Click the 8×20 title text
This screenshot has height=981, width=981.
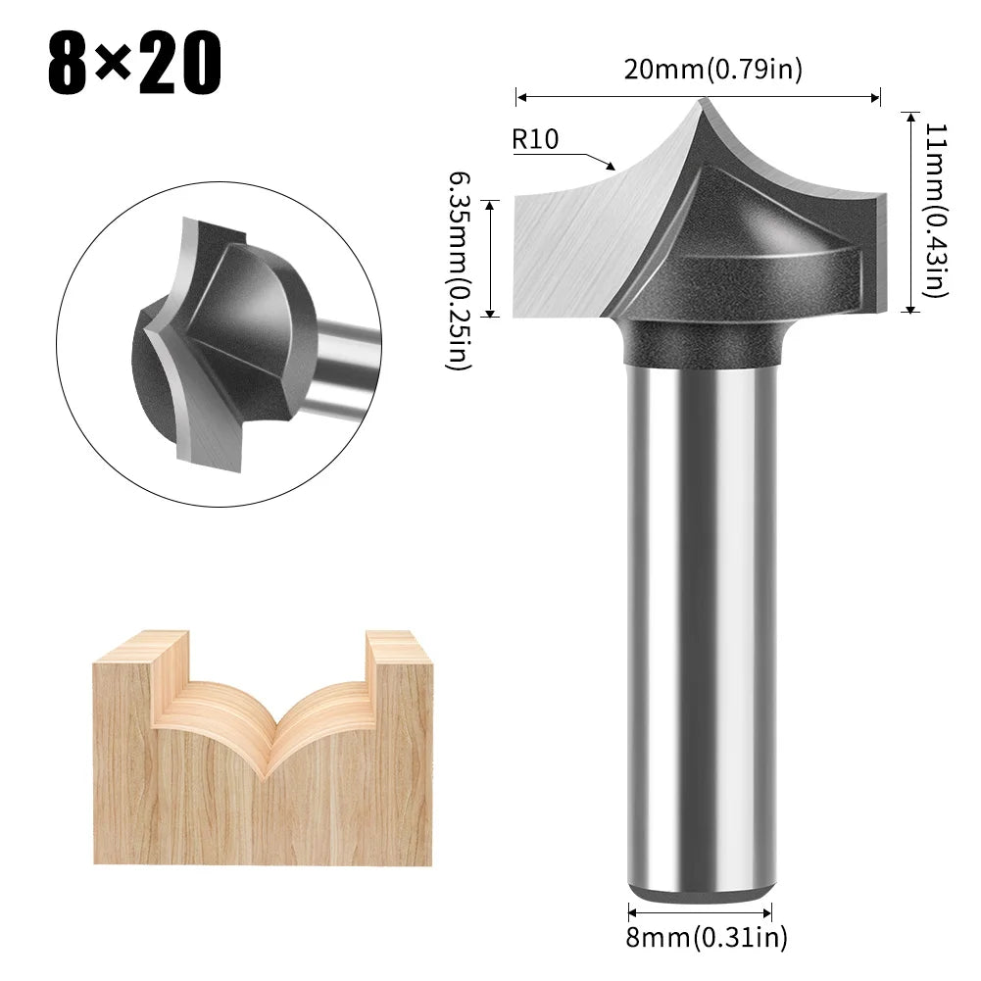pos(134,64)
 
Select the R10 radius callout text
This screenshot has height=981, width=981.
pos(535,139)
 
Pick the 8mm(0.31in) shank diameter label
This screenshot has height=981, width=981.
pos(707,939)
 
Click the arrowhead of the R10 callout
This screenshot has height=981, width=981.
pos(612,166)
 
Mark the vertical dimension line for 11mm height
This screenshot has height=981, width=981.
pos(911,211)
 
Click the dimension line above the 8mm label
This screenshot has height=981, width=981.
pos(700,910)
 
